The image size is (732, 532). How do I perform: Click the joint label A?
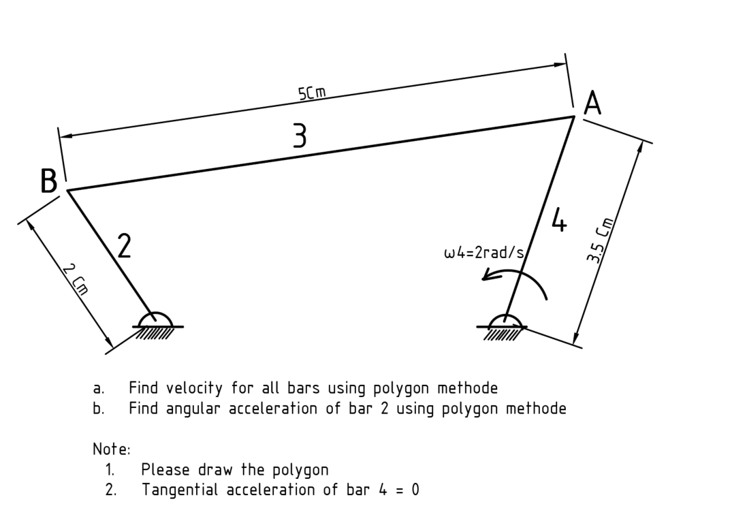coord(593,104)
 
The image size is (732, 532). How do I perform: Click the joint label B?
coord(48,182)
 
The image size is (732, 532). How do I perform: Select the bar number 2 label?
coord(123,246)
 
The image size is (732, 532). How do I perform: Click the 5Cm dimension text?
coord(311,93)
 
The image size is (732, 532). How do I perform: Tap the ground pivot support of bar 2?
coord(157,326)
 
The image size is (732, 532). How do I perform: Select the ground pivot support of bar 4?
coord(505,326)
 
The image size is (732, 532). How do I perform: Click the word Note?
coord(111,450)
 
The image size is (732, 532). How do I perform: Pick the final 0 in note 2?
coord(415,490)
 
